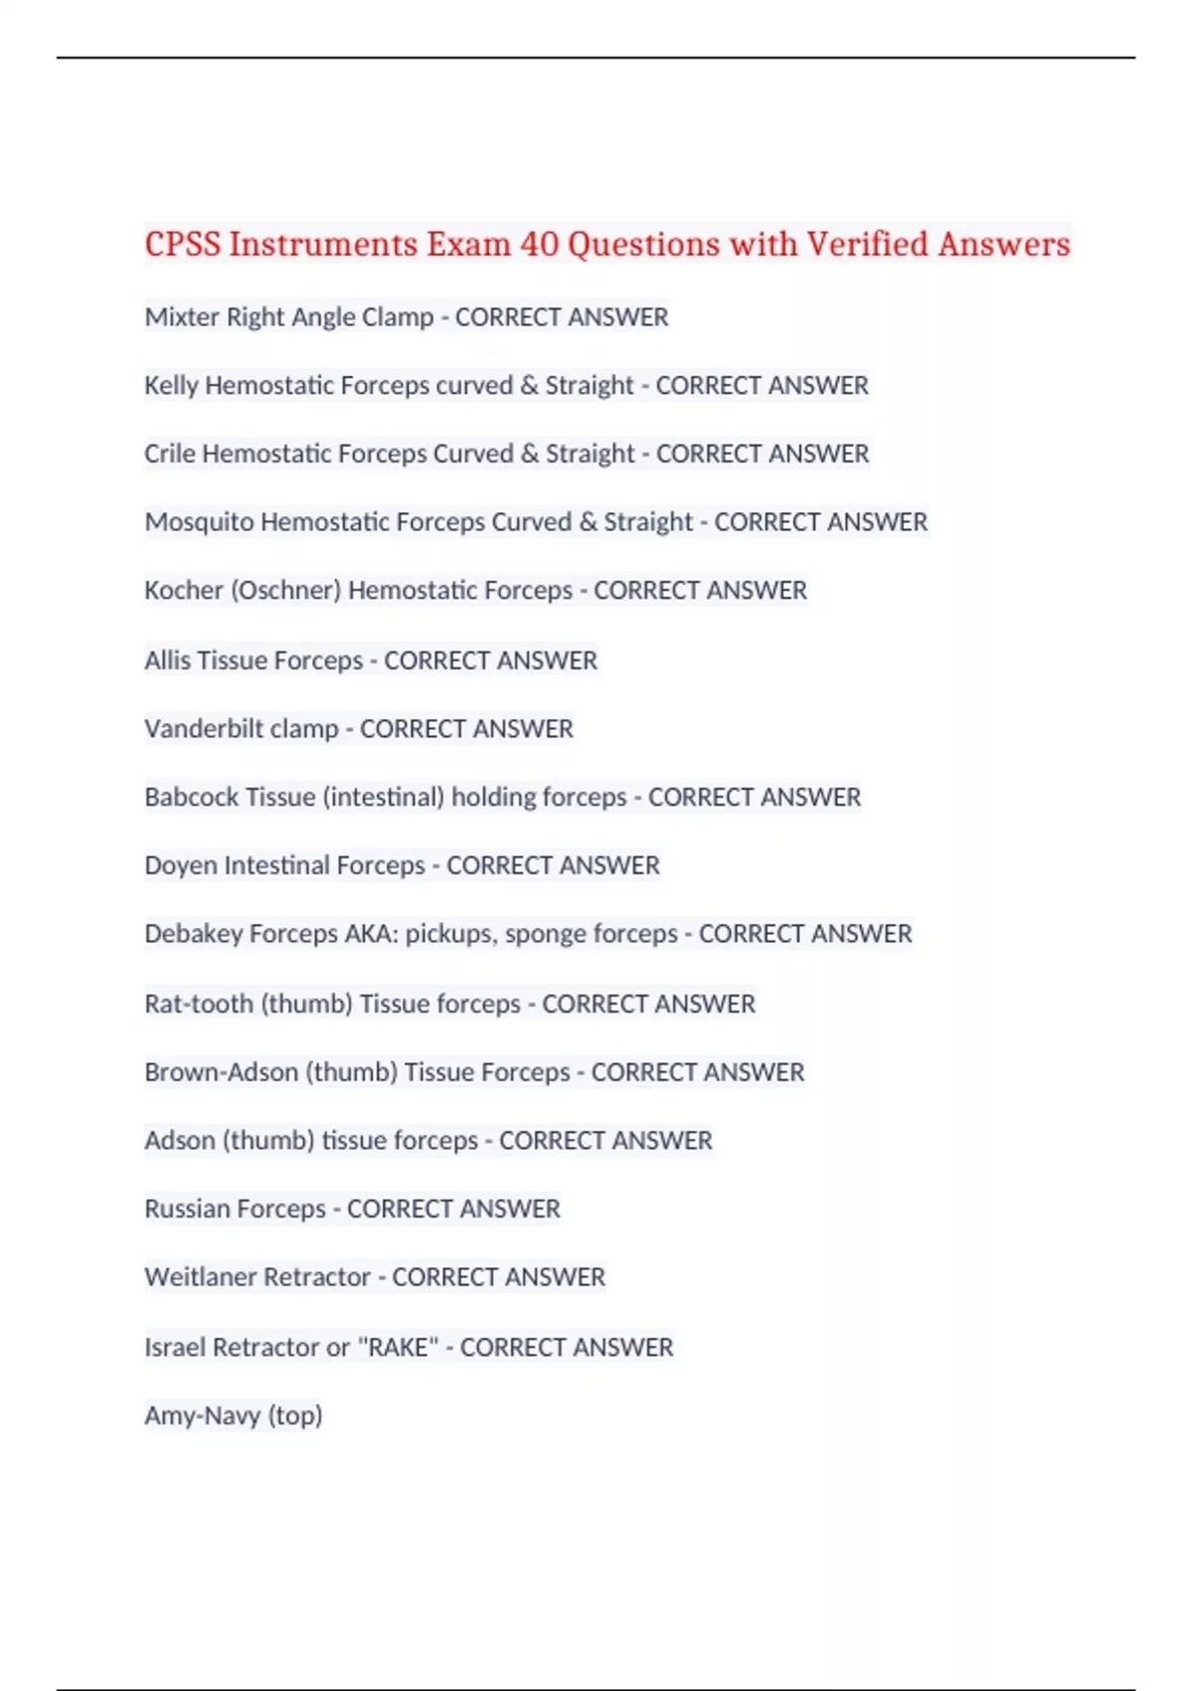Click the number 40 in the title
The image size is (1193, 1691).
[x=539, y=245]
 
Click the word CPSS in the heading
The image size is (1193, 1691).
[x=183, y=245]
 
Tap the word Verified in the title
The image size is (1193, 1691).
[x=867, y=245]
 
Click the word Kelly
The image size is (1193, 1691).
[x=171, y=386]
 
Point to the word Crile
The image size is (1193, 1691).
[x=170, y=454]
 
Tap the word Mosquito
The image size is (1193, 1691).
[x=199, y=522]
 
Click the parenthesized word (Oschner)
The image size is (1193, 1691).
[x=286, y=591]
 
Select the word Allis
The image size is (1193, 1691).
[x=168, y=660]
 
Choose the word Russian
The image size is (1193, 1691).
[x=176, y=1209]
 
